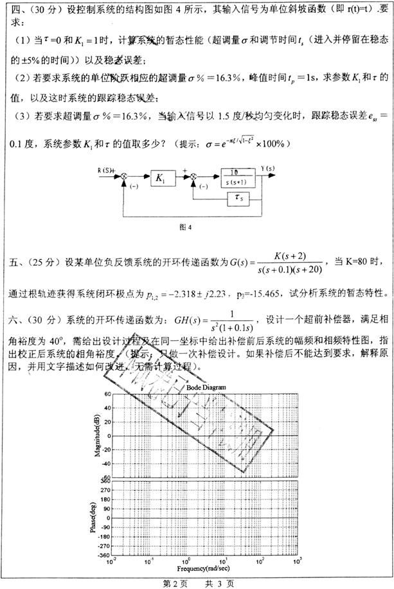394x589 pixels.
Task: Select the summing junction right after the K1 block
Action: point(193,179)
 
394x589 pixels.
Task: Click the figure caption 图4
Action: point(186,226)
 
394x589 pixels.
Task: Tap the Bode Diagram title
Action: point(203,388)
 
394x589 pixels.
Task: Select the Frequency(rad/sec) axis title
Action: point(204,568)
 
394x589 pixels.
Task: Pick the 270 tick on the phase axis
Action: point(105,489)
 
